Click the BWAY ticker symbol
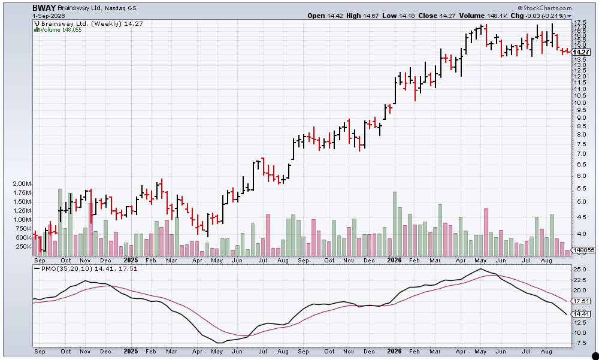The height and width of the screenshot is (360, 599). click(x=44, y=8)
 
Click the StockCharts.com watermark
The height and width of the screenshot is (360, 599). click(x=545, y=8)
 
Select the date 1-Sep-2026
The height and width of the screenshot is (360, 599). click(x=49, y=16)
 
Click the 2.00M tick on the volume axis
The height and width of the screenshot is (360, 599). click(x=22, y=184)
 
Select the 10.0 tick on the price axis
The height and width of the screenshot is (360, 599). click(x=580, y=102)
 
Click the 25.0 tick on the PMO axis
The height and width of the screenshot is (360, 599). click(x=580, y=270)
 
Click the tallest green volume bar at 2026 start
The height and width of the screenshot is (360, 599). click(x=395, y=223)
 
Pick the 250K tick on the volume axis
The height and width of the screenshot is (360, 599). click(x=23, y=247)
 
